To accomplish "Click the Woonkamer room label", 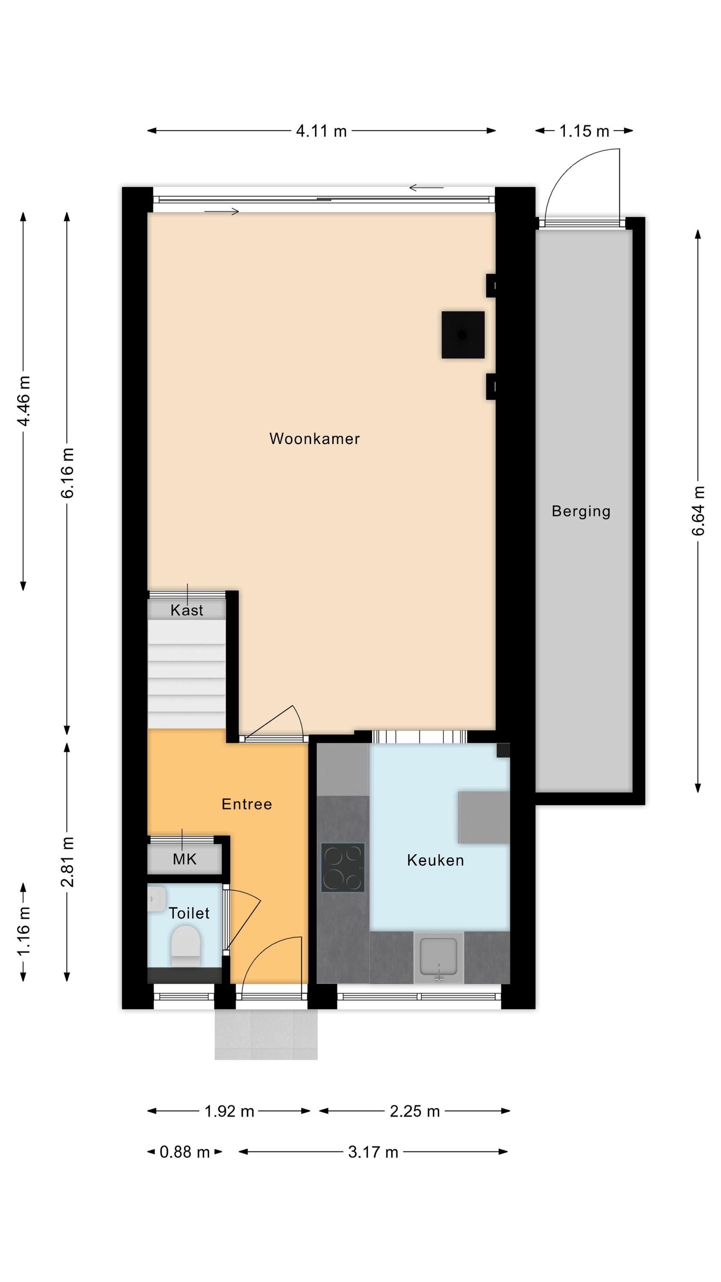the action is click(x=314, y=438).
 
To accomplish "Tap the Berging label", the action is click(x=580, y=512).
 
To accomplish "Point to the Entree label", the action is click(x=247, y=804).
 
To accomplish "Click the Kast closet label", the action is click(x=187, y=610).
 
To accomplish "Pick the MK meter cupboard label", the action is click(x=185, y=859).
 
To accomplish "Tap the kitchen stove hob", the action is click(x=343, y=867).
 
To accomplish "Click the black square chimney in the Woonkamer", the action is click(x=463, y=335).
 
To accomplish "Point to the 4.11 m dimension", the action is click(x=322, y=131).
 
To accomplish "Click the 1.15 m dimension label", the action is click(x=584, y=131).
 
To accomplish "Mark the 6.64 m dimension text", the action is click(x=698, y=511).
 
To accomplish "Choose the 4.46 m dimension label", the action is click(x=23, y=401).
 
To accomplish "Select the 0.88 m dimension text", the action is click(x=185, y=1152).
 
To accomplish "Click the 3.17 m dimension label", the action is click(x=373, y=1152).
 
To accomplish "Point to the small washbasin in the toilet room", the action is click(x=157, y=899).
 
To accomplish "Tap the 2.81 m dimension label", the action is click(x=67, y=862).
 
